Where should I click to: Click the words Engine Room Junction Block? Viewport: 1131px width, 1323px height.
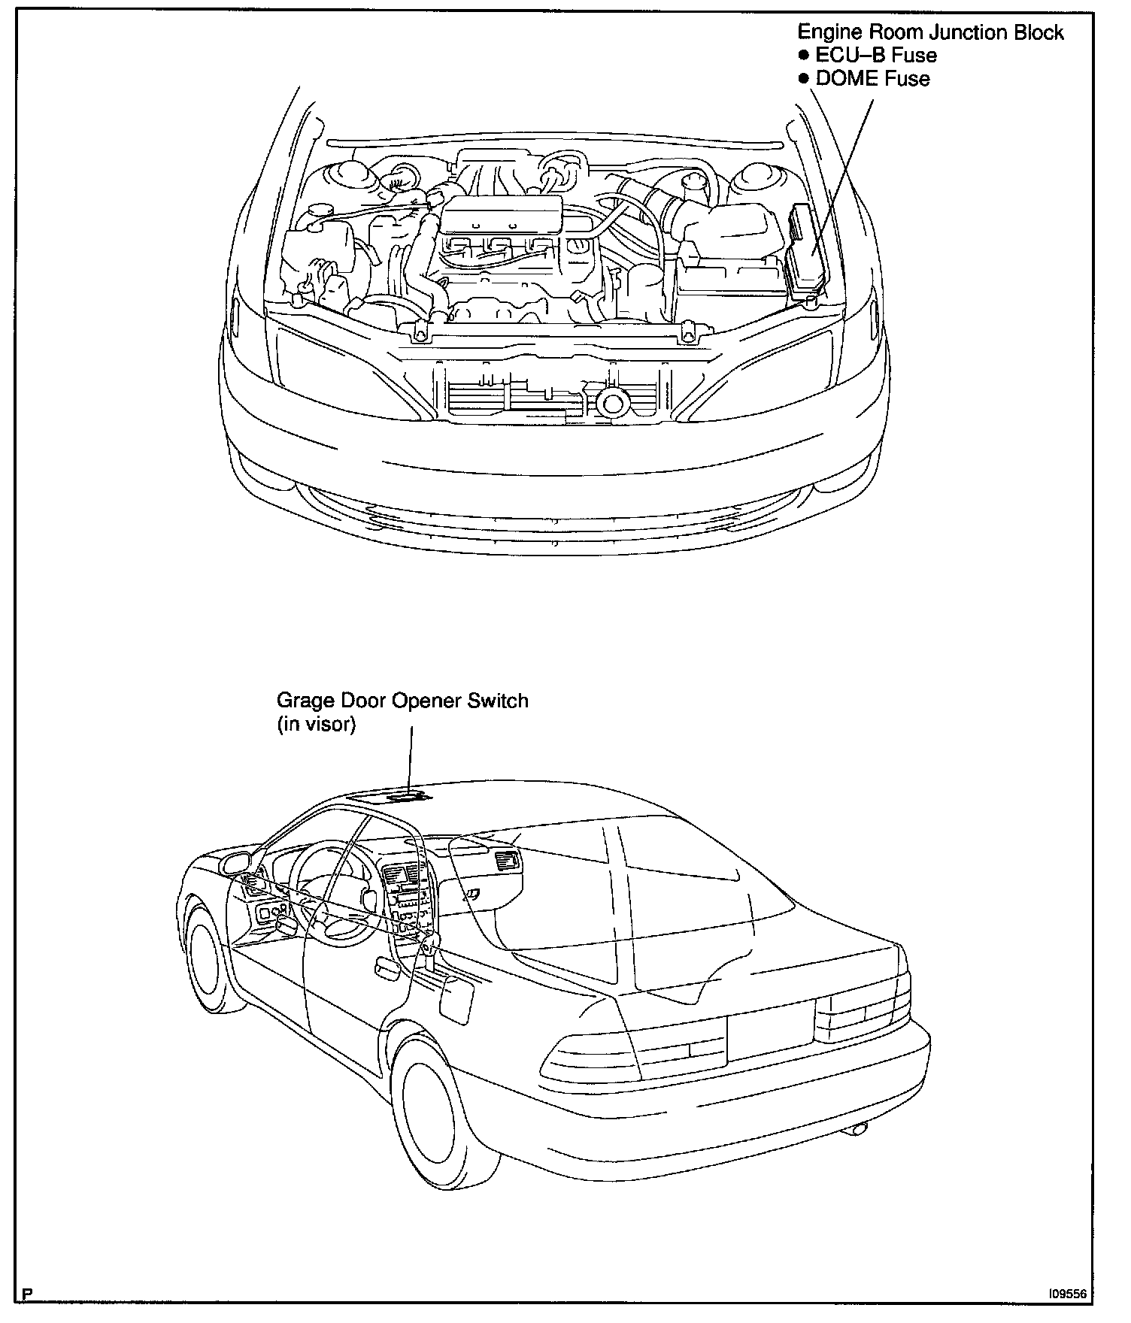[930, 32]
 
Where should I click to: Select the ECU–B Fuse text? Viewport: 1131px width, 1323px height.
[876, 56]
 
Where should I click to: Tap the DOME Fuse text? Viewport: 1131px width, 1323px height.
[872, 79]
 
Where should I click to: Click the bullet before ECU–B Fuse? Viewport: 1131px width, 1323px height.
[804, 56]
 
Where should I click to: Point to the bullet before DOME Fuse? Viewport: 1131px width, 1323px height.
[804, 80]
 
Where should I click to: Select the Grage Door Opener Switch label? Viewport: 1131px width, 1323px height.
[402, 701]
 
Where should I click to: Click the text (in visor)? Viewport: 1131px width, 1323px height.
[316, 725]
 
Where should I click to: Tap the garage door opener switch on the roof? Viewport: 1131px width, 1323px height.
[407, 796]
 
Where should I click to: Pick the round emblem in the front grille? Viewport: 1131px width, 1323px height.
[613, 403]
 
